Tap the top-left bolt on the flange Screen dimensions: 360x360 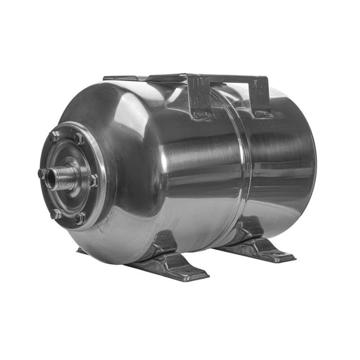point(54,136)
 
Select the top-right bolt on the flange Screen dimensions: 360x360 point(79,138)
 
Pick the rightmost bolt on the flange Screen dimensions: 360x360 point(93,180)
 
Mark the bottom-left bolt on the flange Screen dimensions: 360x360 point(56,214)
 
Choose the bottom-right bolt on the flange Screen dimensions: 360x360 point(80,219)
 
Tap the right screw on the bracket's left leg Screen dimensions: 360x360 point(208,115)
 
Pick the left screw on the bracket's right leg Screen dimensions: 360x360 point(258,113)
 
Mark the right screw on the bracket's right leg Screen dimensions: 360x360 point(268,113)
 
